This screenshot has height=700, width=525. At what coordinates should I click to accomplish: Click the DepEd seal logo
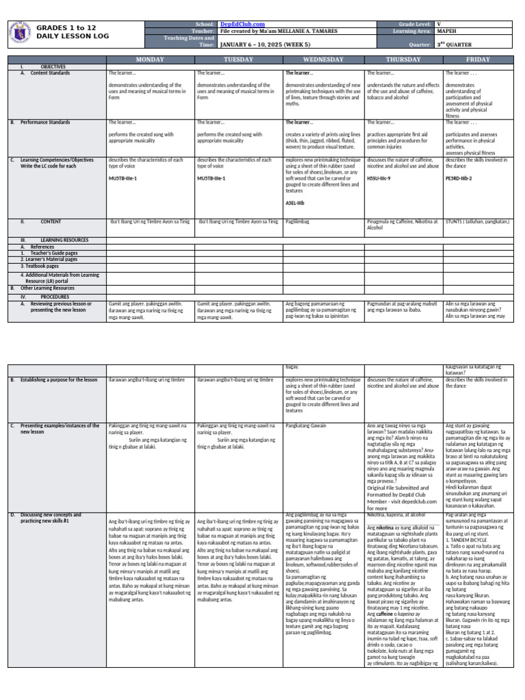tap(21, 31)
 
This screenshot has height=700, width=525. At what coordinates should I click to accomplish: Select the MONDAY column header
tap(150, 59)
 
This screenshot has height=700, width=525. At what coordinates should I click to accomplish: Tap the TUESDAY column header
tap(239, 59)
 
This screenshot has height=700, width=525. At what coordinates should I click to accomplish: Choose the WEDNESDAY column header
tap(324, 59)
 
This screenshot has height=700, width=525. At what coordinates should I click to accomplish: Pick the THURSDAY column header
tap(404, 59)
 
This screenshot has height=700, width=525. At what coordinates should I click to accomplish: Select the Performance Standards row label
tap(45, 122)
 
